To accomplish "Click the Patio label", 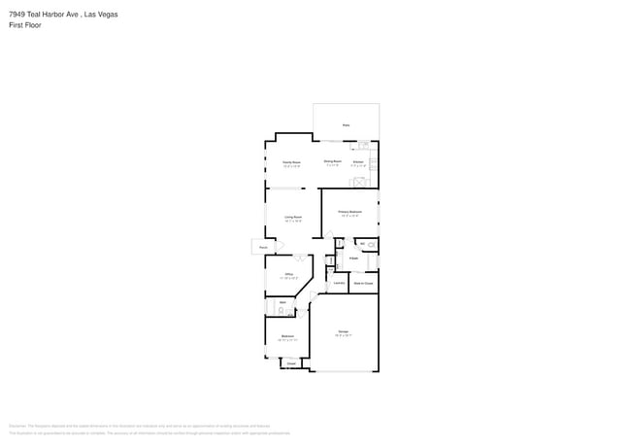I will coord(346,125).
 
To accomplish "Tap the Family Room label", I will coord(290,161).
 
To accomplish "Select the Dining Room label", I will coord(332,161).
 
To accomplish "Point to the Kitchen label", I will coord(358,161).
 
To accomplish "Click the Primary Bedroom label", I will coord(349,211).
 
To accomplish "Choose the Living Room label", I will coord(292,217).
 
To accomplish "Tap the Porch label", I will coord(262,248).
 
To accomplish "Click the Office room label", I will coord(289,275).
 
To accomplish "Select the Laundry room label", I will coord(339,283).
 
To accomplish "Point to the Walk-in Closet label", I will coord(363,284).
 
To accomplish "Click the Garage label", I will coord(344,332).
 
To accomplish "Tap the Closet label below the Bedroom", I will coord(290,364).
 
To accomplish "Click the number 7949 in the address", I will coord(17,15).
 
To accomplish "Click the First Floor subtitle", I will coord(24,25).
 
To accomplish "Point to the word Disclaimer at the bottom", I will coord(17,426).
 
